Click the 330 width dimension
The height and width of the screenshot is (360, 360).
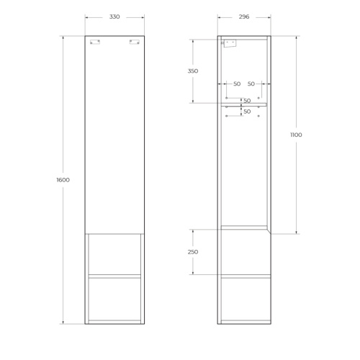pos(114,17)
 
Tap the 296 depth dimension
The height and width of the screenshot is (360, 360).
pos(243,17)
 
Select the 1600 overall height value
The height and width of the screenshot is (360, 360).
pos(62,179)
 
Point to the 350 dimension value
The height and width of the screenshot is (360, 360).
pos(192,71)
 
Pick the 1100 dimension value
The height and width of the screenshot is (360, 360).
pos(297,135)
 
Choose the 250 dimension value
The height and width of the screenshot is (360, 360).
pos(192,252)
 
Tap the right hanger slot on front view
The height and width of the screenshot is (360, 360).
pos(133,43)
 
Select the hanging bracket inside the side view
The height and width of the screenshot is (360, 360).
pos(228,44)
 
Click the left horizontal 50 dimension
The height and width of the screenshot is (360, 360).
pos(237,84)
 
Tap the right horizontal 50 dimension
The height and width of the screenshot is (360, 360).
pos(251,84)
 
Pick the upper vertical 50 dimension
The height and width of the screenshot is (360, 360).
pos(247,100)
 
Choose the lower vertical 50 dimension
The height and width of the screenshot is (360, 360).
pos(247,112)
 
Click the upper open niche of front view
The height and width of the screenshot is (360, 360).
pos(114,253)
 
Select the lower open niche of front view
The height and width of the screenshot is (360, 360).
pos(114,298)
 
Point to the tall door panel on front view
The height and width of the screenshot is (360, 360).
pos(114,134)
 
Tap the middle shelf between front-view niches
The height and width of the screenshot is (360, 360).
pos(114,275)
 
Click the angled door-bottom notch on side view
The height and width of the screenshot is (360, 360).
pos(268,230)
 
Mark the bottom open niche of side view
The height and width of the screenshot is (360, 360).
pos(243,298)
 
